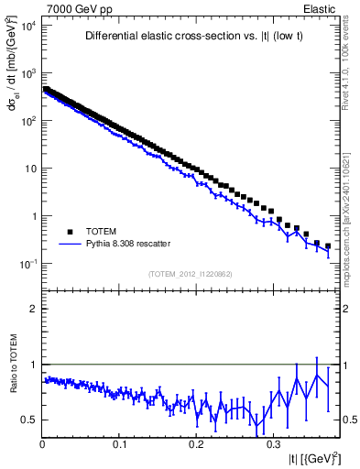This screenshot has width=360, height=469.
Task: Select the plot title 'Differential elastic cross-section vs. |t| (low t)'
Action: tap(190, 37)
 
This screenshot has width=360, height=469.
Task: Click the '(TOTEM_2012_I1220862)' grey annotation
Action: tap(190, 273)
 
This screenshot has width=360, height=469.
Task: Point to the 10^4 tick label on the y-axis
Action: tap(27, 26)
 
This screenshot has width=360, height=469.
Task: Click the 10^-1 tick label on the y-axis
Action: tap(27, 264)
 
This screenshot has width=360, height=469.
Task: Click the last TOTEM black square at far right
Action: tap(328, 245)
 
